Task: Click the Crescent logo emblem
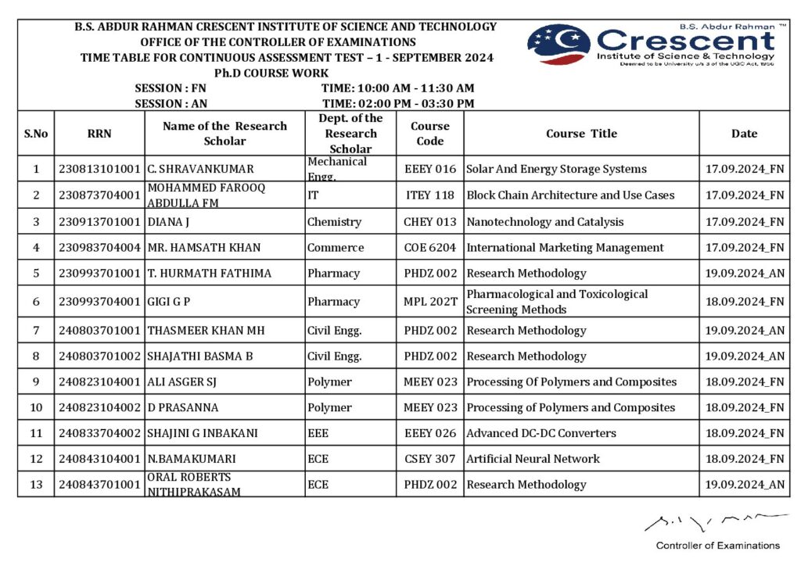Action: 559,44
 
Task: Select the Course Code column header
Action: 429,134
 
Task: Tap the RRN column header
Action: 99,134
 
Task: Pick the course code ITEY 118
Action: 429,195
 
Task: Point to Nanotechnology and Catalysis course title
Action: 545,222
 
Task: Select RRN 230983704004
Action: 99,248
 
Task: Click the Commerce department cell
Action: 336,248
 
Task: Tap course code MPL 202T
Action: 429,302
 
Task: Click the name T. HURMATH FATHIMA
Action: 210,274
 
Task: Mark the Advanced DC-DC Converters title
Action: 541,433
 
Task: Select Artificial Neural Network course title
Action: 533,459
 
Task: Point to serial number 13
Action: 36,485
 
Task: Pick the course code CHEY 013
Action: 429,222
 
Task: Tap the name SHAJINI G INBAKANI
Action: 203,433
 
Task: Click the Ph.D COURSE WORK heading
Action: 271,73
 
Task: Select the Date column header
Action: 744,134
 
